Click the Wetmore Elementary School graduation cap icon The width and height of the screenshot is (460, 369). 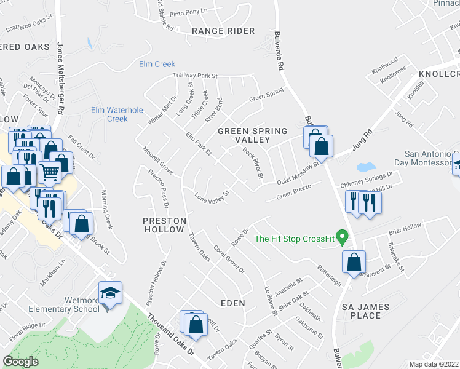(110, 293)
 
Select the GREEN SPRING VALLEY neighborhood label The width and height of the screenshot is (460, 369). (253, 135)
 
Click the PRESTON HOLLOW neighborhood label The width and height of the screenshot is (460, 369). (164, 224)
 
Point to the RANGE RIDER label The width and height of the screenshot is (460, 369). (215, 31)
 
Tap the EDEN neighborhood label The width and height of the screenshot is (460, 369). (232, 303)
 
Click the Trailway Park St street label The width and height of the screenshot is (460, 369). (196, 76)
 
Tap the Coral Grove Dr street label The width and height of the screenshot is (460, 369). (229, 260)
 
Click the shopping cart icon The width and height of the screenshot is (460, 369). (50, 173)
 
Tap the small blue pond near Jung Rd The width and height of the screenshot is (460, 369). (366, 167)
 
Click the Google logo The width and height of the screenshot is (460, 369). (20, 362)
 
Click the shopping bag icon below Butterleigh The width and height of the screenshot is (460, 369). (354, 262)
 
